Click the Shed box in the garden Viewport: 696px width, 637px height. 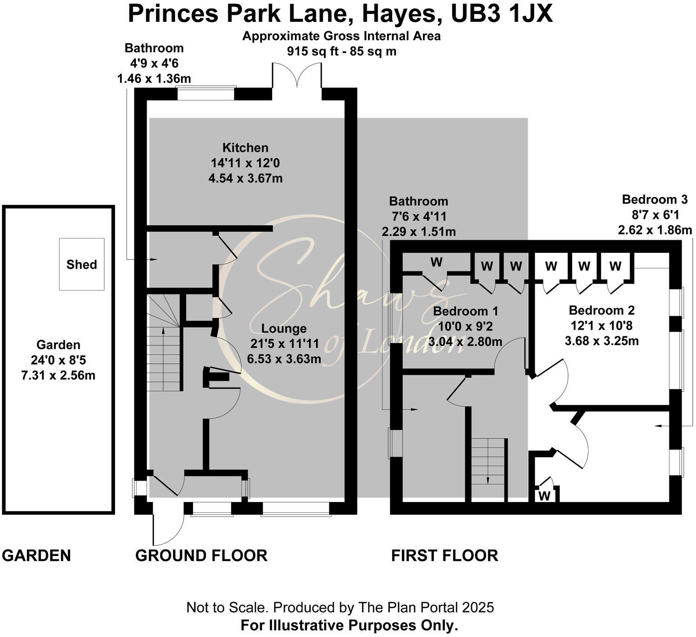(81, 264)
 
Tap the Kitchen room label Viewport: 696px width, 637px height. (245, 148)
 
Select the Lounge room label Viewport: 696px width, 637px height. (284, 328)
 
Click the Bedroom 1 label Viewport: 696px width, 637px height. (465, 311)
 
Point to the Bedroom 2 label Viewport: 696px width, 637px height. (602, 310)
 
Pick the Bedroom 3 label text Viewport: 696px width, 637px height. (654, 199)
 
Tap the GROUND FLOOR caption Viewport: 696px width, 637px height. (201, 555)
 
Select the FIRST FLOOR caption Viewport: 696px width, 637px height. (444, 555)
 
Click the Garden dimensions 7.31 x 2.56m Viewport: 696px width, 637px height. (58, 375)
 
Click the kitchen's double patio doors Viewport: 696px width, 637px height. (297, 77)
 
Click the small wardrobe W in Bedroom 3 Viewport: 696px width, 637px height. (544, 495)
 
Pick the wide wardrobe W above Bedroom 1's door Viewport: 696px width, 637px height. (436, 262)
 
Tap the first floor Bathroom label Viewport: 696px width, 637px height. (418, 201)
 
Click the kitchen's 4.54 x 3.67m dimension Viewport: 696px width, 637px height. (245, 178)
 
